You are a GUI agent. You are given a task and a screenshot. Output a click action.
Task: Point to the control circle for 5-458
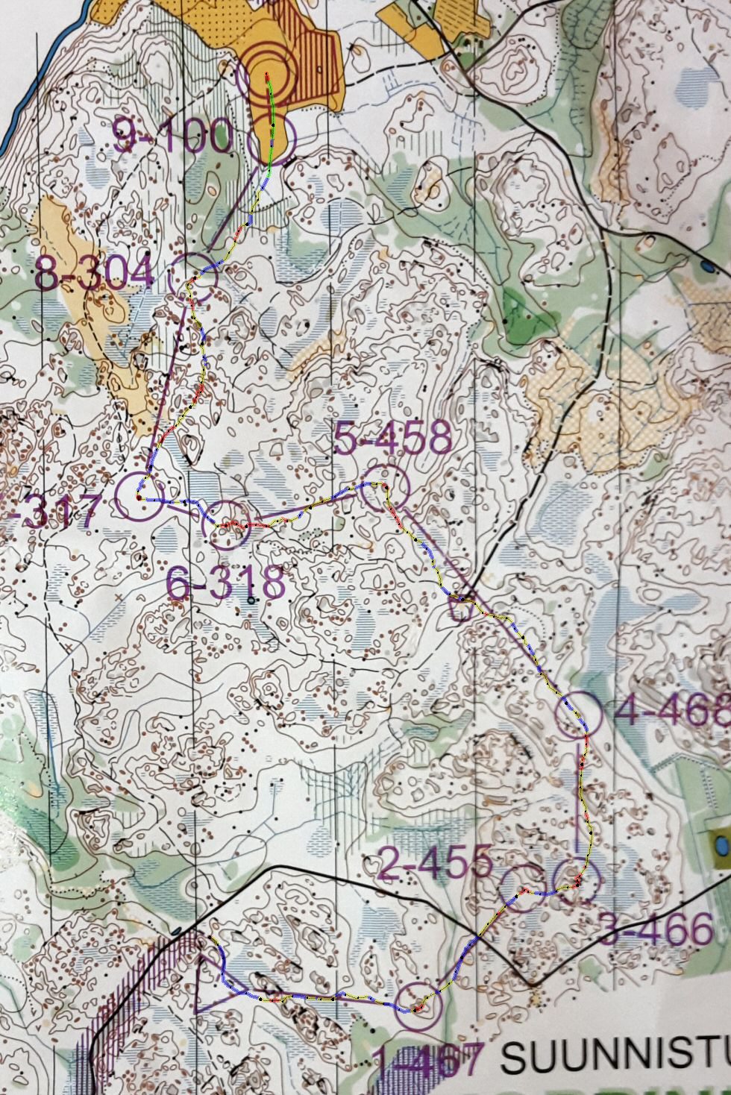pos(386,488)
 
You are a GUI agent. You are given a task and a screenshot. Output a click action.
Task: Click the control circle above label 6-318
pos(227,526)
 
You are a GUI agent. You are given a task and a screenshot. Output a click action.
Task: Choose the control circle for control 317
pos(140,496)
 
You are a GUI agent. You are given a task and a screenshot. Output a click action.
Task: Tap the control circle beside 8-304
pos(192,277)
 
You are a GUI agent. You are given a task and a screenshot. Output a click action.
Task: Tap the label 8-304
pos(94,274)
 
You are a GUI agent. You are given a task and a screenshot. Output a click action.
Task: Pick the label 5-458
pos(392,439)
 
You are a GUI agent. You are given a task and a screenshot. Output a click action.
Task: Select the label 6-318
pos(225,583)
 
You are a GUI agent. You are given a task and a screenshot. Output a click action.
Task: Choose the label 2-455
pos(436,863)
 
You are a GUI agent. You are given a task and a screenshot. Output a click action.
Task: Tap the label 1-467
pos(427,1062)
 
